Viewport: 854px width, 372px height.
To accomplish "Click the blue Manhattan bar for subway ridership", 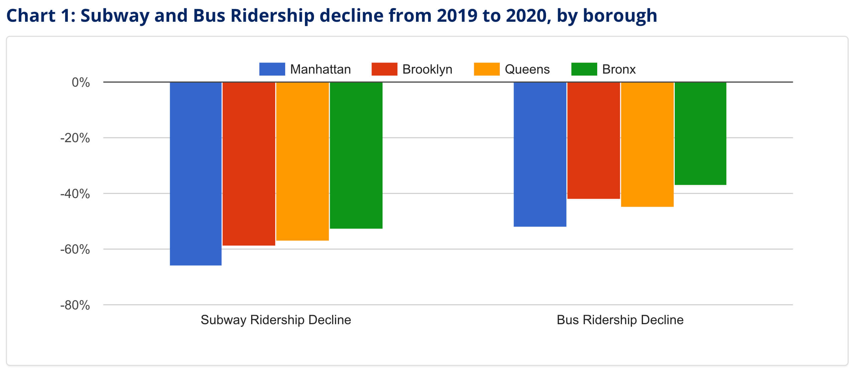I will [x=196, y=174].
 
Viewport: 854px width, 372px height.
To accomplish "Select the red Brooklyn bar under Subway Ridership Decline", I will [x=249, y=164].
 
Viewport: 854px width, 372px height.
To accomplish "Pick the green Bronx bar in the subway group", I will [x=356, y=155].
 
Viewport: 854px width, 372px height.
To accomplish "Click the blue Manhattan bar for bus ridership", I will [x=540, y=154].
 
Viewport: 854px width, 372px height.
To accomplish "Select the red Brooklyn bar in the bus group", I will [x=594, y=141].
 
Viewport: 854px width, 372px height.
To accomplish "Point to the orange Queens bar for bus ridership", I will [x=647, y=144].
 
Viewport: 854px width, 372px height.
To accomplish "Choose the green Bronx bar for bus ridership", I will [x=701, y=133].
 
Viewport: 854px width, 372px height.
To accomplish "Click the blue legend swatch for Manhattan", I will [x=272, y=69].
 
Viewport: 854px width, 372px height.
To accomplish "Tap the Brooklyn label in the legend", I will [x=427, y=69].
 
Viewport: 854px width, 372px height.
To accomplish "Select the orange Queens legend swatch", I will [x=487, y=69].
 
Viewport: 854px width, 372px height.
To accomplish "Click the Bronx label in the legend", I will [x=619, y=69].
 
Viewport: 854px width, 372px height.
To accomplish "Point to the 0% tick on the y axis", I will [x=81, y=82].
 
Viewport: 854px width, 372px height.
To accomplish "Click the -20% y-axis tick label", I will [x=75, y=138].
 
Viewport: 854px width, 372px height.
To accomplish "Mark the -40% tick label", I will [x=75, y=194].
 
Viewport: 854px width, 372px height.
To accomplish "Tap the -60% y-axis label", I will [x=75, y=249].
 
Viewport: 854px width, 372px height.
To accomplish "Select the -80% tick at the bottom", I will [x=75, y=305].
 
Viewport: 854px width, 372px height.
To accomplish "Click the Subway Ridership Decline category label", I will [x=276, y=320].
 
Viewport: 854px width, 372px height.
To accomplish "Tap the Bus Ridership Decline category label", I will [x=620, y=320].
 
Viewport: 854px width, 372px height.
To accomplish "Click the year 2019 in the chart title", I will [x=457, y=16].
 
